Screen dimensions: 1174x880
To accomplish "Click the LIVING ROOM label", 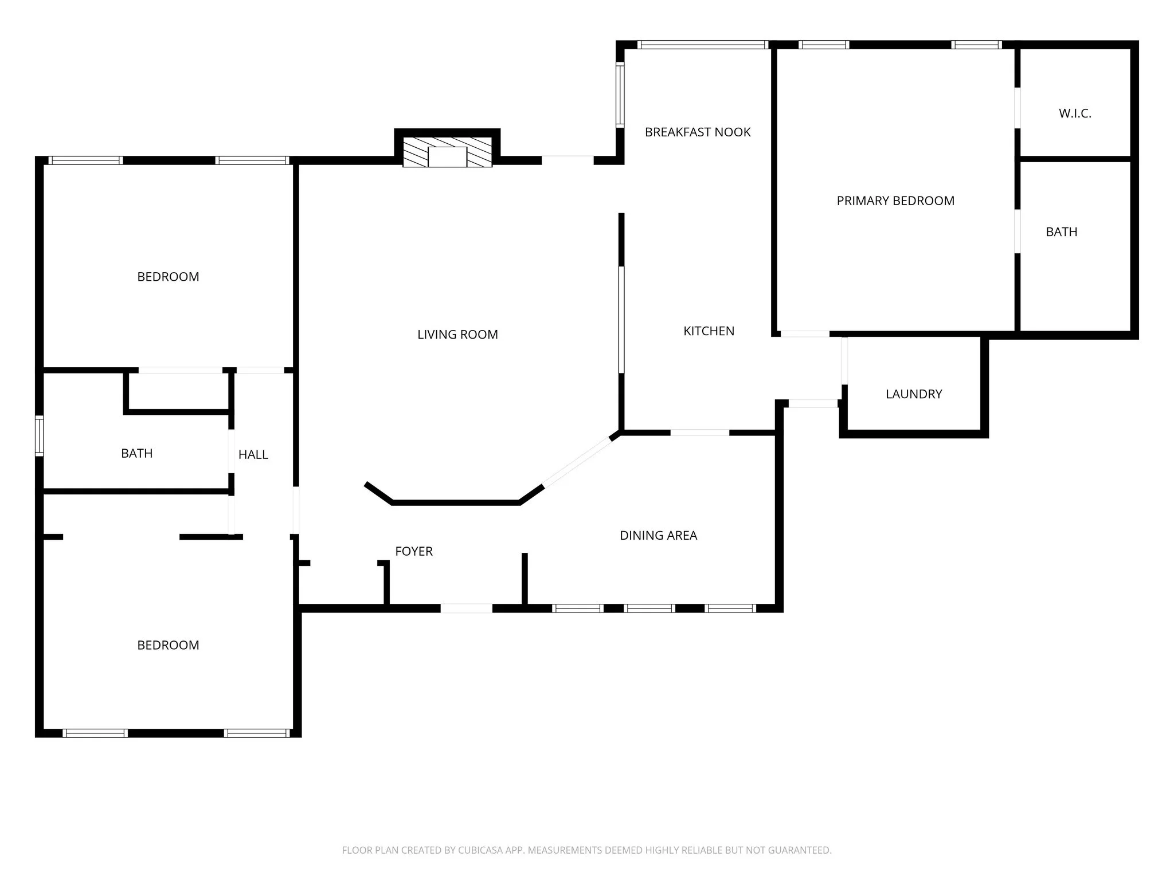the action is (457, 335).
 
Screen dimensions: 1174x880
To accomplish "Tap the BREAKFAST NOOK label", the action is (698, 132).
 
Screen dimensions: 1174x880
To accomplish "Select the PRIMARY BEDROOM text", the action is (895, 201).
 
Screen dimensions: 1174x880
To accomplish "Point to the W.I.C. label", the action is (1075, 113).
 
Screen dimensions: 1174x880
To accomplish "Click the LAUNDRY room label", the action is (914, 394).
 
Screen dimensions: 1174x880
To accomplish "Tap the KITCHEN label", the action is (709, 331).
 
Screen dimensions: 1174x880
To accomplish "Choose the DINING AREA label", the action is (659, 536).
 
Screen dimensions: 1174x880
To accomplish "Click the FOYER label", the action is (414, 551).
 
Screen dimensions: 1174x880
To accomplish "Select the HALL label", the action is (253, 455).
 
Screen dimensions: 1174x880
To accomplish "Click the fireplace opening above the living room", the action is (447, 157).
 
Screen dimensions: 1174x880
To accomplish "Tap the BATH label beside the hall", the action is (137, 454).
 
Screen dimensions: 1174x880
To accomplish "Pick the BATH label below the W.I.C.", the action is (1062, 232).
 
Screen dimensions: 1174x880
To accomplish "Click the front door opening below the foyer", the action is (466, 608).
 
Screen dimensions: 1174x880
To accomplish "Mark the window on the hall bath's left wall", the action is (40, 436).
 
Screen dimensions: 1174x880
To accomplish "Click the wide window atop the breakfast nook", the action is (703, 45).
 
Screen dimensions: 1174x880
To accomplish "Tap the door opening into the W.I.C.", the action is (1018, 108).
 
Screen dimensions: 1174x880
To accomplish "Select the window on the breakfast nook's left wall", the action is (620, 94).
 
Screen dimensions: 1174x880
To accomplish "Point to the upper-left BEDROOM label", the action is (168, 277).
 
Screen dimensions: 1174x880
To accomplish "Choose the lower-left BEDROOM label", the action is (168, 646).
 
